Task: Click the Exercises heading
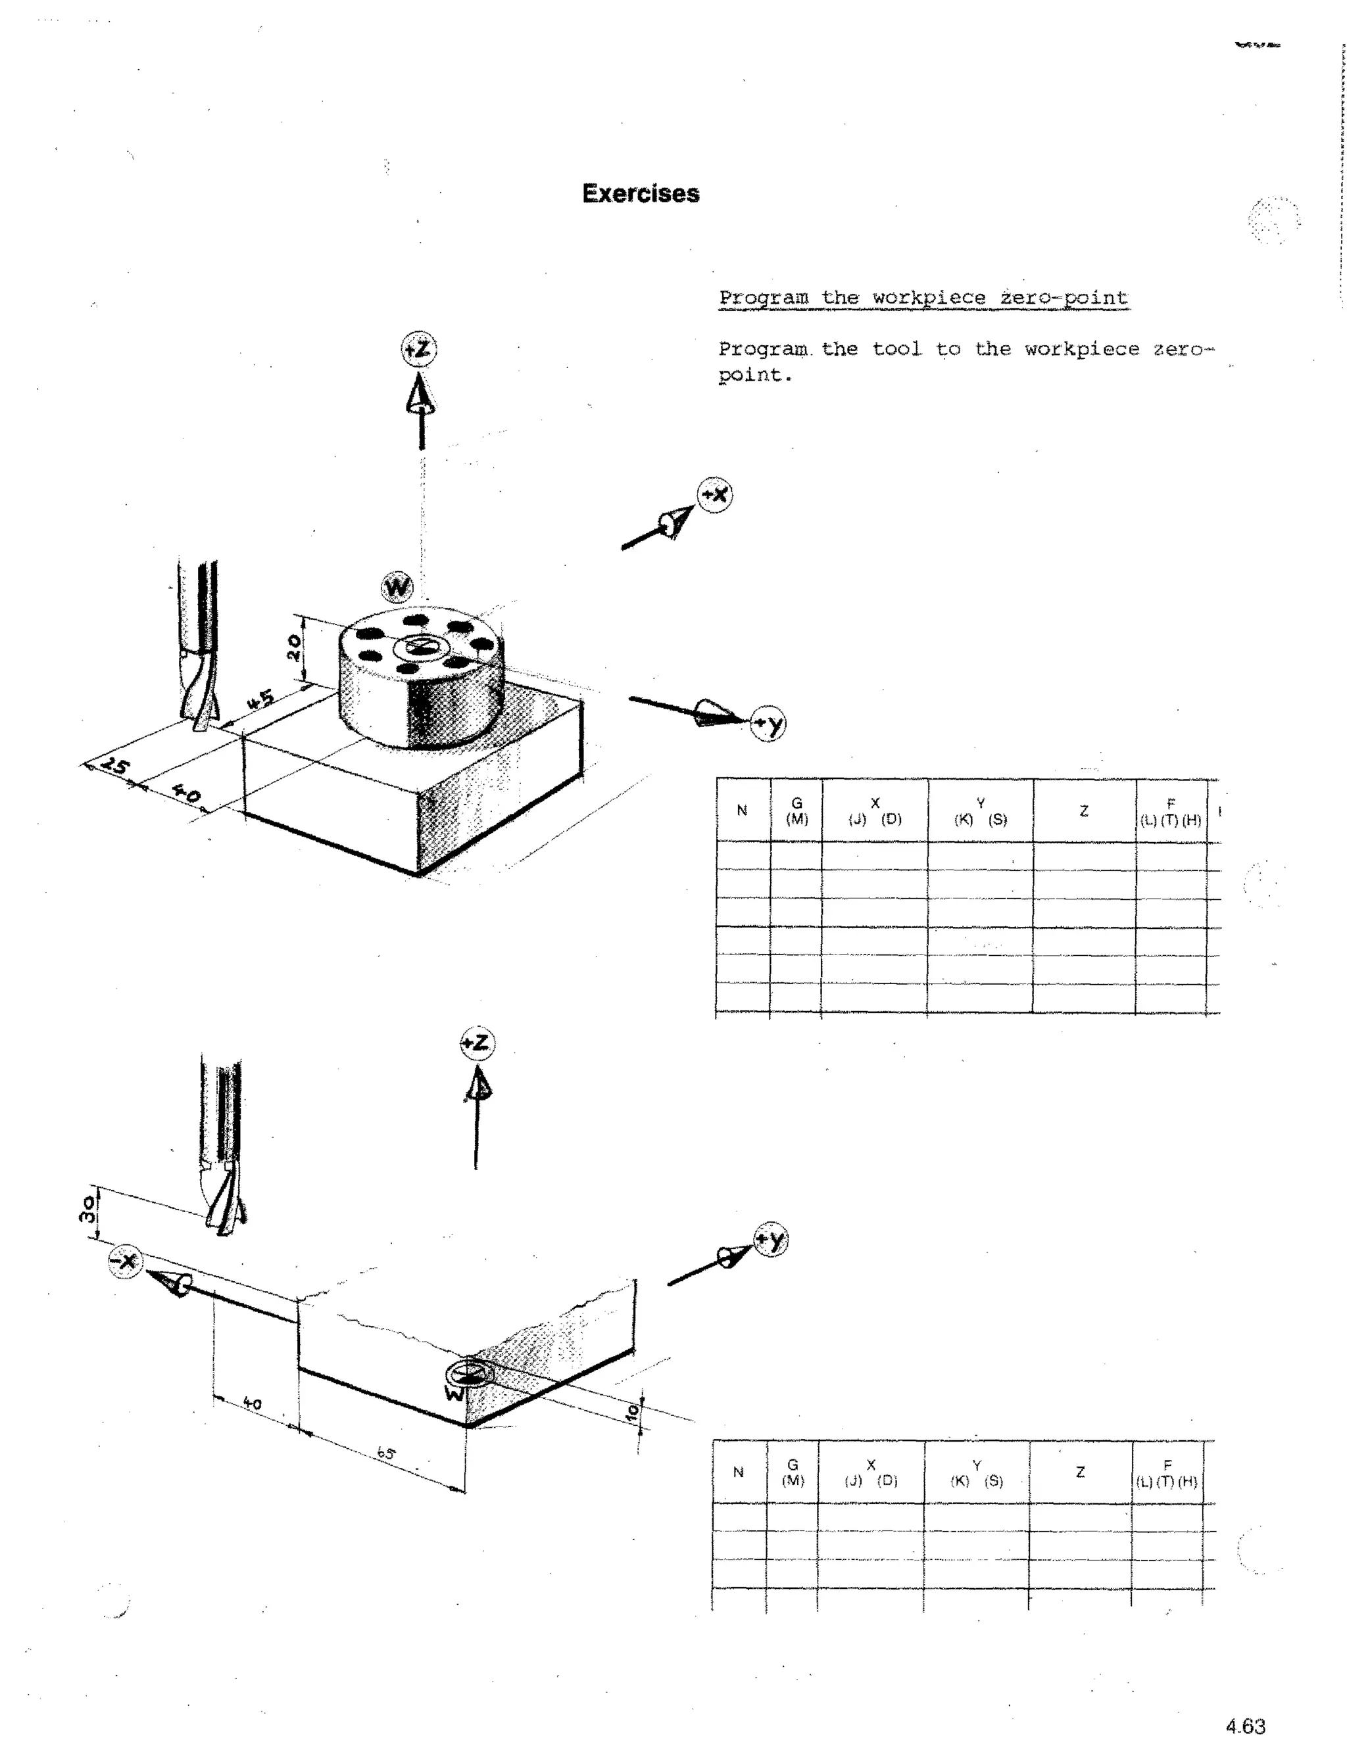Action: click(x=640, y=194)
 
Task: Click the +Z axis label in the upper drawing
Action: click(x=418, y=348)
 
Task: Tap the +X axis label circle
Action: click(x=715, y=496)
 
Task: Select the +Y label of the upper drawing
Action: click(x=768, y=724)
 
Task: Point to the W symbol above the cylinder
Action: click(x=397, y=588)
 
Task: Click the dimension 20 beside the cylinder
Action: click(x=293, y=647)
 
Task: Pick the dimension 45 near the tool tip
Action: click(x=260, y=700)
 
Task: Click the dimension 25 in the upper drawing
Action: click(x=115, y=766)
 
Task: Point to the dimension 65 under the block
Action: click(x=386, y=1453)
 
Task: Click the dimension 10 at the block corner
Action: click(x=633, y=1412)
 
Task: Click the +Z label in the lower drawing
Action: click(x=478, y=1043)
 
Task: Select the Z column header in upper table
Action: click(x=1084, y=811)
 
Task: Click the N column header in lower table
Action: click(x=738, y=1472)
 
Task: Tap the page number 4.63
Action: click(x=1245, y=1726)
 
